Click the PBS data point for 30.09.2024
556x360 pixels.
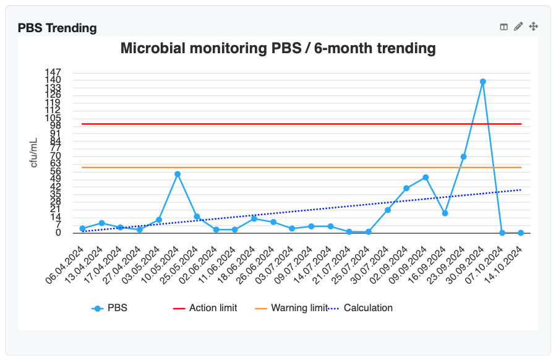point(483,82)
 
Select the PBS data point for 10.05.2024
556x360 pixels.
point(177,174)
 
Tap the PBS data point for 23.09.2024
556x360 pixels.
point(464,157)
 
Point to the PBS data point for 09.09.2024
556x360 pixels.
point(426,178)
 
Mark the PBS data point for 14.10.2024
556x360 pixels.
point(521,233)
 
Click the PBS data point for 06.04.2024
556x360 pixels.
point(82,229)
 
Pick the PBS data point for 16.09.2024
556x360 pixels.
point(445,213)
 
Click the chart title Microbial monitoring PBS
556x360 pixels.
point(278,48)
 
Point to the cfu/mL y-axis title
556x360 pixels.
point(36,152)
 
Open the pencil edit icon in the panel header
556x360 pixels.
point(518,27)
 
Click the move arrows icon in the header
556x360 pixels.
point(534,27)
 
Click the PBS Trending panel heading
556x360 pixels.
point(57,28)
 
